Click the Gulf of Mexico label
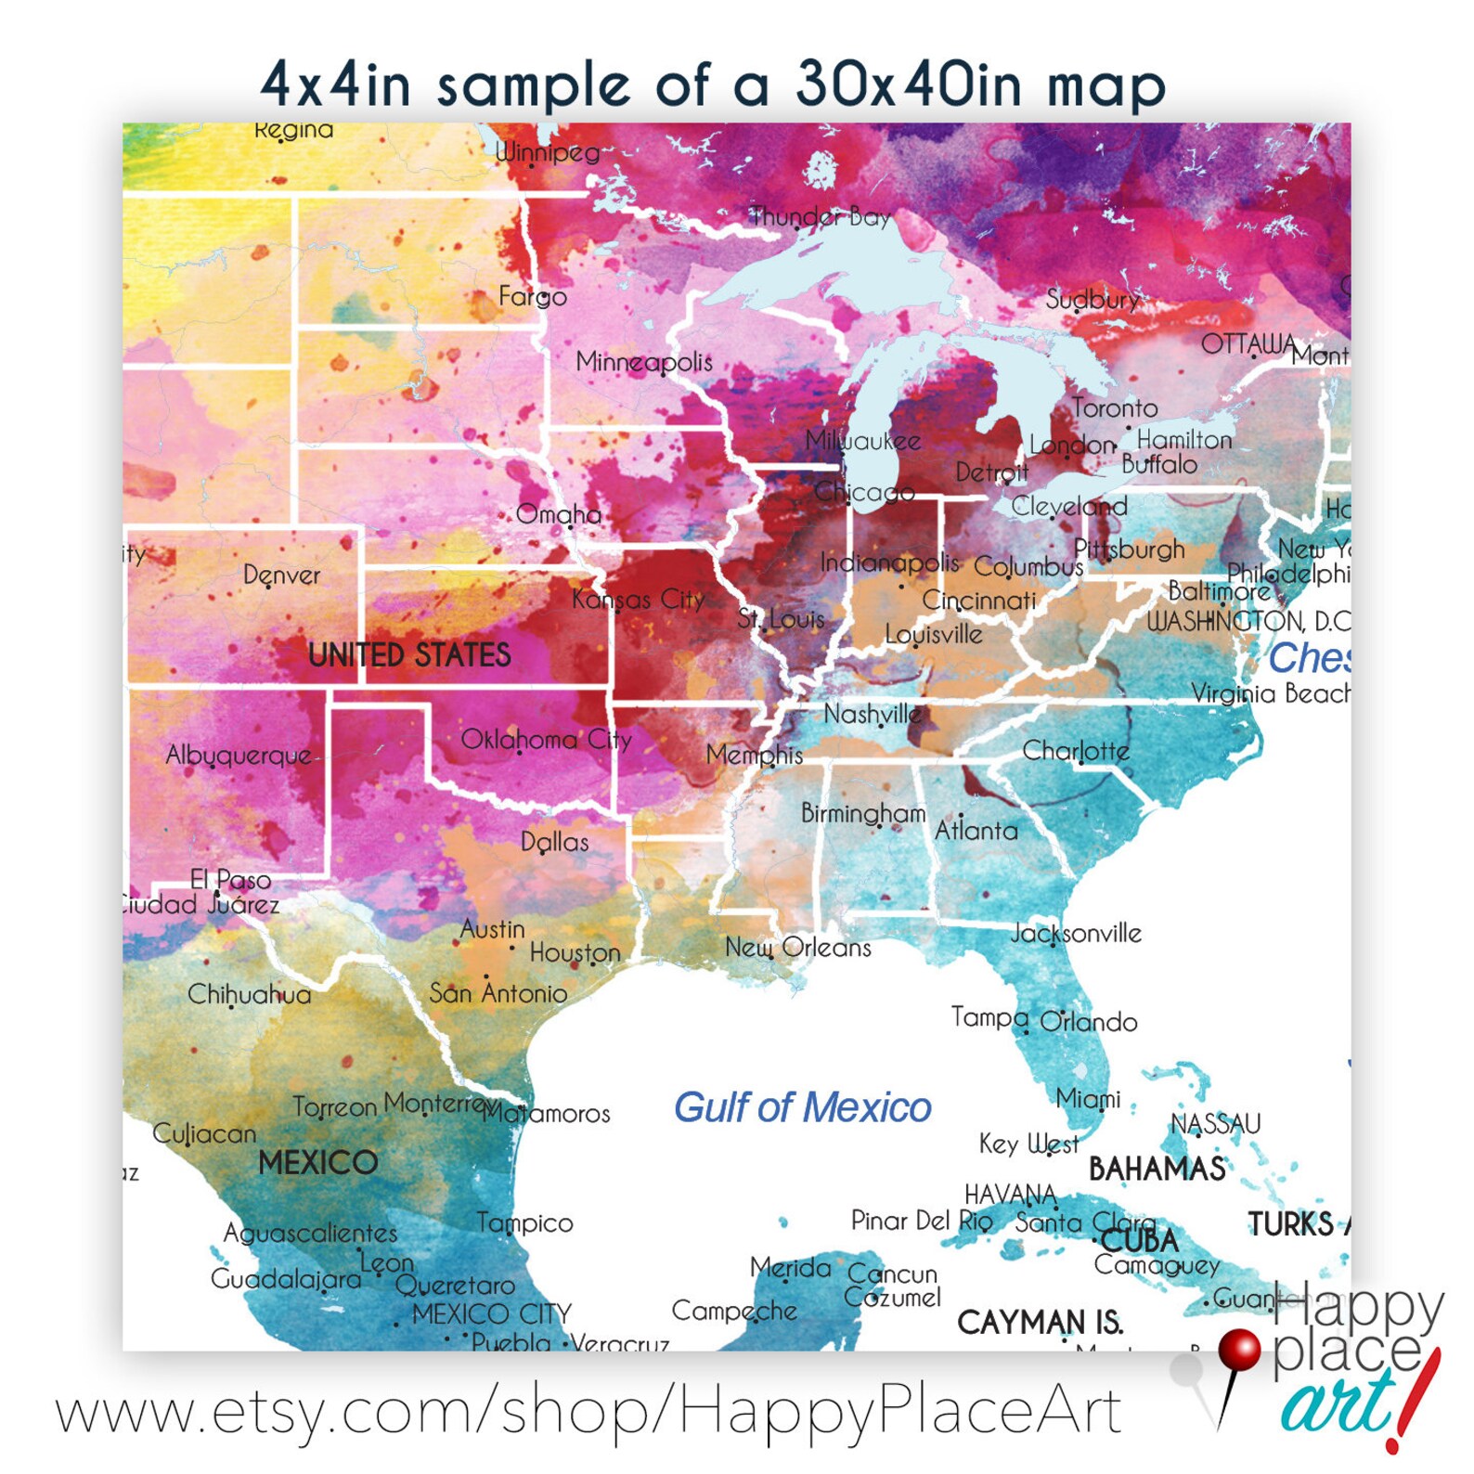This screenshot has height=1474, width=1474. pyautogui.click(x=802, y=1107)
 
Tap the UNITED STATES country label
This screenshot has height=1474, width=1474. pyautogui.click(x=409, y=655)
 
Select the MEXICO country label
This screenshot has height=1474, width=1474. pyautogui.click(x=317, y=1162)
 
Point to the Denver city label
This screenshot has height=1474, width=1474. pyautogui.click(x=281, y=575)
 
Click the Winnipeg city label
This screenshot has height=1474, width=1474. pyautogui.click(x=548, y=151)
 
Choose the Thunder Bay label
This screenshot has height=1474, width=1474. pyautogui.click(x=821, y=217)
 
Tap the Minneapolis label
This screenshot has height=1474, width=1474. pyautogui.click(x=644, y=361)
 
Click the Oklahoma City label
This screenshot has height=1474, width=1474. pyautogui.click(x=546, y=740)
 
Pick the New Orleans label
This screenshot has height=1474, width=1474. pyautogui.click(x=798, y=948)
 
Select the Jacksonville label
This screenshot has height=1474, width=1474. pyautogui.click(x=1076, y=933)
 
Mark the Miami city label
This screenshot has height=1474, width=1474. pyautogui.click(x=1088, y=1099)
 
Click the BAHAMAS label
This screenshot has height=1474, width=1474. pyautogui.click(x=1157, y=1169)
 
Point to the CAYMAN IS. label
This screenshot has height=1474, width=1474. pyautogui.click(x=1040, y=1322)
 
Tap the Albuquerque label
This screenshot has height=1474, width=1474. pyautogui.click(x=239, y=756)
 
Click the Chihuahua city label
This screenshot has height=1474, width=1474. pyautogui.click(x=250, y=995)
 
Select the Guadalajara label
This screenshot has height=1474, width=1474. pyautogui.click(x=286, y=1279)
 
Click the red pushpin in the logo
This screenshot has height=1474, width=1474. pyautogui.click(x=1237, y=1351)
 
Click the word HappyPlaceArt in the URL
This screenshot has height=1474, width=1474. pyautogui.click(x=900, y=1411)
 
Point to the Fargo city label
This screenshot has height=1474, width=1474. pyautogui.click(x=532, y=297)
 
